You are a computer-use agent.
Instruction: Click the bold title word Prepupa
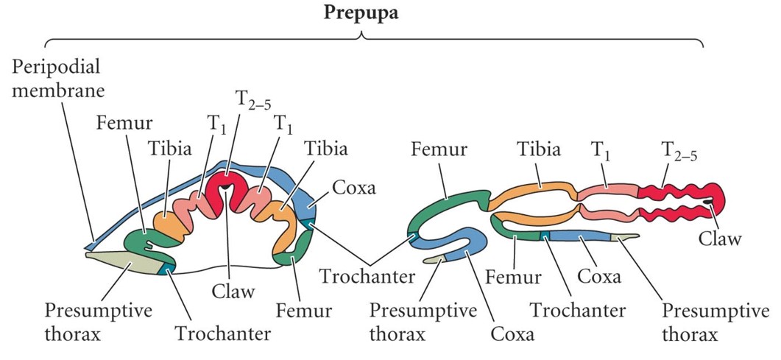tap(361, 13)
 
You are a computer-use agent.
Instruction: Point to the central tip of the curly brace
tap(362, 36)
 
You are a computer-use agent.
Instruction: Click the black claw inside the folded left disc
tap(226, 187)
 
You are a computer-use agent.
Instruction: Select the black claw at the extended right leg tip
tap(707, 202)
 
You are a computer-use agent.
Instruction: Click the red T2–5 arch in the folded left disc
tap(226, 188)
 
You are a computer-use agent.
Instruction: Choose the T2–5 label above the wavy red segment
tap(679, 152)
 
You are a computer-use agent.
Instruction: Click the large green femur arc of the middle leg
tap(448, 209)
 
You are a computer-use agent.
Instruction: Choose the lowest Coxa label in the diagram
tap(512, 334)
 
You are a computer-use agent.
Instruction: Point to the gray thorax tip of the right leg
tap(625, 238)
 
